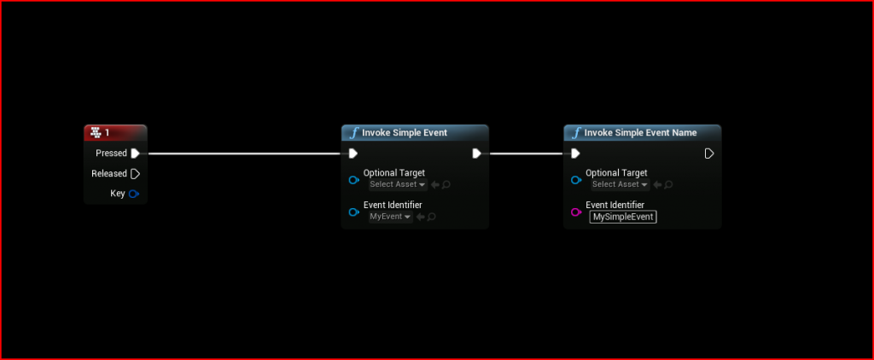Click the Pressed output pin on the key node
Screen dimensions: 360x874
click(x=135, y=154)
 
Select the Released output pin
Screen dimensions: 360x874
click(x=135, y=174)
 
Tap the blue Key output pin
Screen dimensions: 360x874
click(x=133, y=194)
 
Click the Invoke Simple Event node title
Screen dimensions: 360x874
click(x=404, y=133)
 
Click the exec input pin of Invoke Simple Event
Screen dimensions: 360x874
click(x=353, y=154)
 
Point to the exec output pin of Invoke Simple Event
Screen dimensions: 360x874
click(x=476, y=154)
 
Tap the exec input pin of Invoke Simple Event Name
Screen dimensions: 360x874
click(x=575, y=154)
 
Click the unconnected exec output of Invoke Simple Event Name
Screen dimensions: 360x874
click(x=708, y=154)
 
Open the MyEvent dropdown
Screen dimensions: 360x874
click(x=390, y=217)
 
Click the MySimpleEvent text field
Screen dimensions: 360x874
click(x=622, y=217)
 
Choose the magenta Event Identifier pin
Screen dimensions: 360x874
click(x=576, y=212)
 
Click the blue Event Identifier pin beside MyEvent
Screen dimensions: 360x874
click(x=353, y=212)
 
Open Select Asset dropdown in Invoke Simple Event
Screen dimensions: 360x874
click(x=397, y=184)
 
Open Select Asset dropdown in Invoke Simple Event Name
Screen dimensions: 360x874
click(x=619, y=184)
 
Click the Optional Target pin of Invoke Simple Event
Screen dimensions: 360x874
click(x=353, y=180)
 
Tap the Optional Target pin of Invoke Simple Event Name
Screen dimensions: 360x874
click(x=576, y=180)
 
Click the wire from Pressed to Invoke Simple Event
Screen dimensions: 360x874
click(x=243, y=154)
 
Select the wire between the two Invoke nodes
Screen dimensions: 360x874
click(x=525, y=154)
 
